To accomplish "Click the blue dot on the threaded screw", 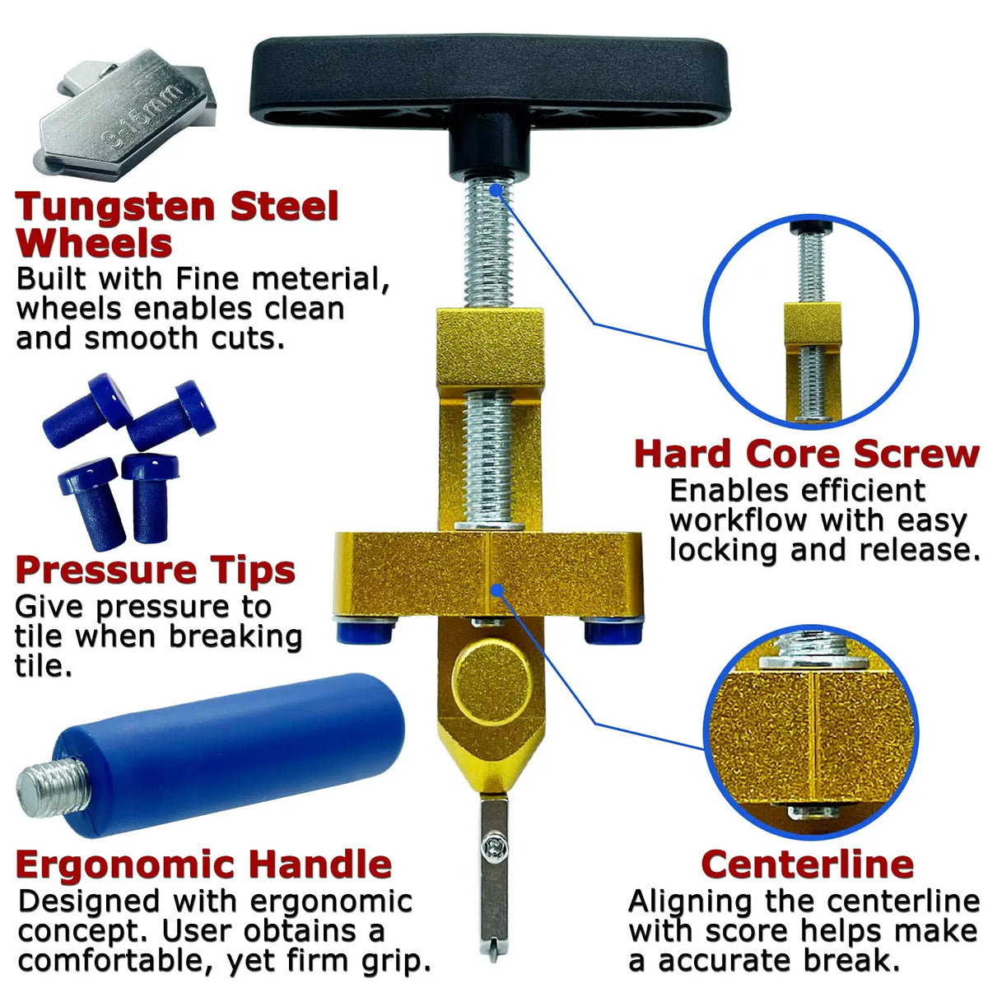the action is coord(496,191).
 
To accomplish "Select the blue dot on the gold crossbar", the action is coord(496,590).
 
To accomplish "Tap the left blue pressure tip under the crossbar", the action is coord(365,630).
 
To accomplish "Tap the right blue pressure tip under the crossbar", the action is coord(613,630).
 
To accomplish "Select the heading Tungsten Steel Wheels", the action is coord(177,224).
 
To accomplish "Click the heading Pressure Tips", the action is coord(156,570).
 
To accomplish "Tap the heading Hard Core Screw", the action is coord(807,454).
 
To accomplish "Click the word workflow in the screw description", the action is coord(739,521).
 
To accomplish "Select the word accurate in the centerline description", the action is coord(725,960).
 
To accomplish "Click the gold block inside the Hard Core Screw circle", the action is coord(813,324).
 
